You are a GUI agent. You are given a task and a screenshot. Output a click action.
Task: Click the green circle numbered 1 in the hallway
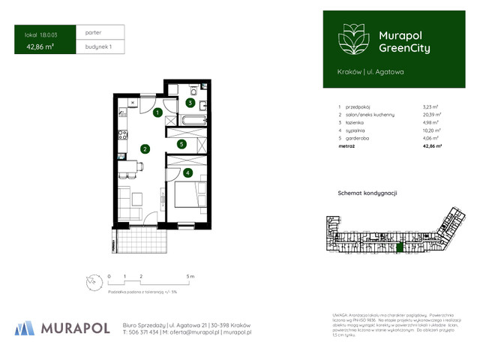(157, 113)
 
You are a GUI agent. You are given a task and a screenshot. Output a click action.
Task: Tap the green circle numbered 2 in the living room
(144, 148)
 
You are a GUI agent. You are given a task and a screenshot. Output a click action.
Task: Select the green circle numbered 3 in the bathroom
(190, 103)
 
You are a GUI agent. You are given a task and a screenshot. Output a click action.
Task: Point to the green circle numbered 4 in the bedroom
(187, 173)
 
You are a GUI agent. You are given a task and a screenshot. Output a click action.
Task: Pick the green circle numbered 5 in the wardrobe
(181, 144)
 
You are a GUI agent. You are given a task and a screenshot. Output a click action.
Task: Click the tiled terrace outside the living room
(139, 240)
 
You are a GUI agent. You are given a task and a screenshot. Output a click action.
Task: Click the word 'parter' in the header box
(94, 33)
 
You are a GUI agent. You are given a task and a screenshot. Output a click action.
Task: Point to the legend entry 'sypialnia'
(357, 128)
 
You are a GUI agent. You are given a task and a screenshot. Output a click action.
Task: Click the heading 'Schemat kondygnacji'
(367, 193)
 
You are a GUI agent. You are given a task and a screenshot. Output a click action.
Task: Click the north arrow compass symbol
(91, 281)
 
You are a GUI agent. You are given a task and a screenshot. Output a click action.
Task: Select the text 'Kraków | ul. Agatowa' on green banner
(360, 71)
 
